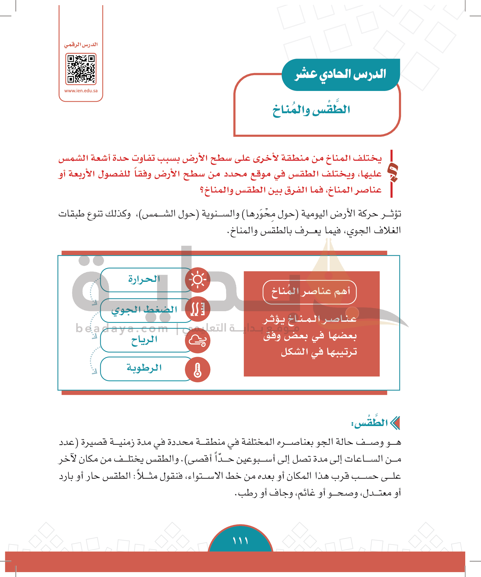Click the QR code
81,69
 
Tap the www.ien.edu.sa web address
81,91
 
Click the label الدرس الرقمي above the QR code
81,45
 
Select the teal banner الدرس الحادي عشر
341,74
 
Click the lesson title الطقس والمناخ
311,110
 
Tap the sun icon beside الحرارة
198,280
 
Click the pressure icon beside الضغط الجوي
198,309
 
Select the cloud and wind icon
198,341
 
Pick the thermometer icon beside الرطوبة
198,370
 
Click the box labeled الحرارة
144,280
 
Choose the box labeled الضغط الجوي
144,310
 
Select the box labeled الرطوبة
144,368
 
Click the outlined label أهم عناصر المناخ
310,292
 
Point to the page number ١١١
240,541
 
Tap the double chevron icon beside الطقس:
395,423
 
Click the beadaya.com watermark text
122,328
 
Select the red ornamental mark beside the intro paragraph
393,174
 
